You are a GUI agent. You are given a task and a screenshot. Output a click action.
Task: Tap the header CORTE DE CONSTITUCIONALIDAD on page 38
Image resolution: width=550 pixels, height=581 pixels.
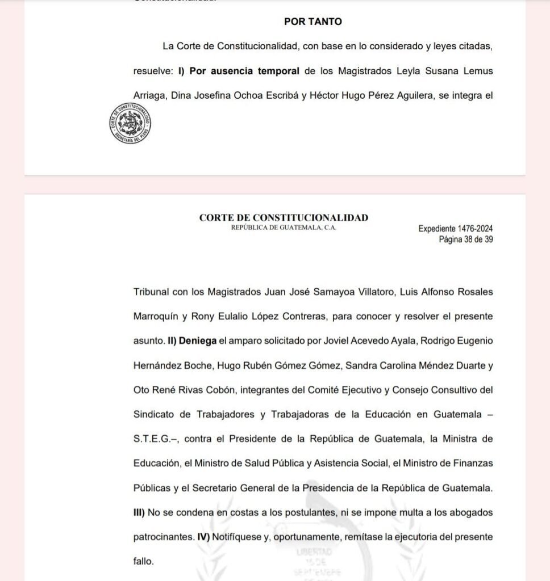point(284,218)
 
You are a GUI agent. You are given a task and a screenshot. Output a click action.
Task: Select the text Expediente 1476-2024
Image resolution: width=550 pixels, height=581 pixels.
point(455,229)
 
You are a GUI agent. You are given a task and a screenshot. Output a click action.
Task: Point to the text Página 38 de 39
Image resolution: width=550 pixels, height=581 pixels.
point(465,239)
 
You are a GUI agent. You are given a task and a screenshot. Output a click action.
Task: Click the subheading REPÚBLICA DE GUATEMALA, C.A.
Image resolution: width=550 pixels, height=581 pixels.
point(284,228)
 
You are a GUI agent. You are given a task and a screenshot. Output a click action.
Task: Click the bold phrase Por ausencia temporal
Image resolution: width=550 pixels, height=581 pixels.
point(244,71)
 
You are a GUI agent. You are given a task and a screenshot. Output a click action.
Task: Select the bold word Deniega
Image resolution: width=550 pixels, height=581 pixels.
point(199,341)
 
